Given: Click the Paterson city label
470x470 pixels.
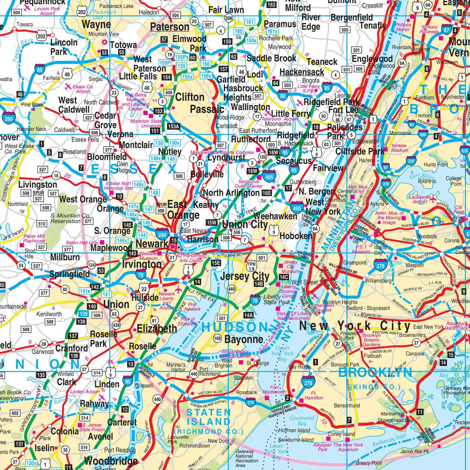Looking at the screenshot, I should pos(170,27).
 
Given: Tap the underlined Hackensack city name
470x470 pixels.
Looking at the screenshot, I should pos(302,72).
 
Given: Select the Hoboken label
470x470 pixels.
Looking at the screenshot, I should pos(296,236).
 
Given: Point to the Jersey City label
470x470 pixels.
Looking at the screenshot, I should pos(244,276).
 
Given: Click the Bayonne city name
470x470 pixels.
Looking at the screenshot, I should pos(244,340).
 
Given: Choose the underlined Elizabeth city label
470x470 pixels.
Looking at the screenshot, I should pos(157,329).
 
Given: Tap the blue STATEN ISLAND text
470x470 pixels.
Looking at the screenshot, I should pos(208,417).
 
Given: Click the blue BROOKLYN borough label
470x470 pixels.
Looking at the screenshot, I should pos(375,372).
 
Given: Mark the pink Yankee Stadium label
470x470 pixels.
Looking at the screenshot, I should pos(400,148).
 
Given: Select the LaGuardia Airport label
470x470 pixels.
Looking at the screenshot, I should pos(420,199).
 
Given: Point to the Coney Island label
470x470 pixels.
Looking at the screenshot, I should pos(341,434).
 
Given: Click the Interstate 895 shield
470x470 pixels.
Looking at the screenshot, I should pos(423,135).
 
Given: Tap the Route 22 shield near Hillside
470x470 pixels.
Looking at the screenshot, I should pos(144,289).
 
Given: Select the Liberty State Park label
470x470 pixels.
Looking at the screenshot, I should pos(277,299).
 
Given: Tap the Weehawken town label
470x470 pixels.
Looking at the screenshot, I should pos(275,216).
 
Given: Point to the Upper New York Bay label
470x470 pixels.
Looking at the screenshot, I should pos(282,353).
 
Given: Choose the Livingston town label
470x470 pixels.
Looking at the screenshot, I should pos(38,185).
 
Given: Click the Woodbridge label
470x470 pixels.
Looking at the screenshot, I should pos(111,461).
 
